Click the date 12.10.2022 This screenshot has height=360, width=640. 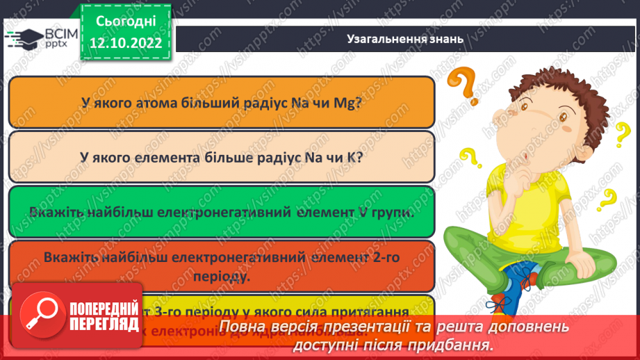point(126,43)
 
